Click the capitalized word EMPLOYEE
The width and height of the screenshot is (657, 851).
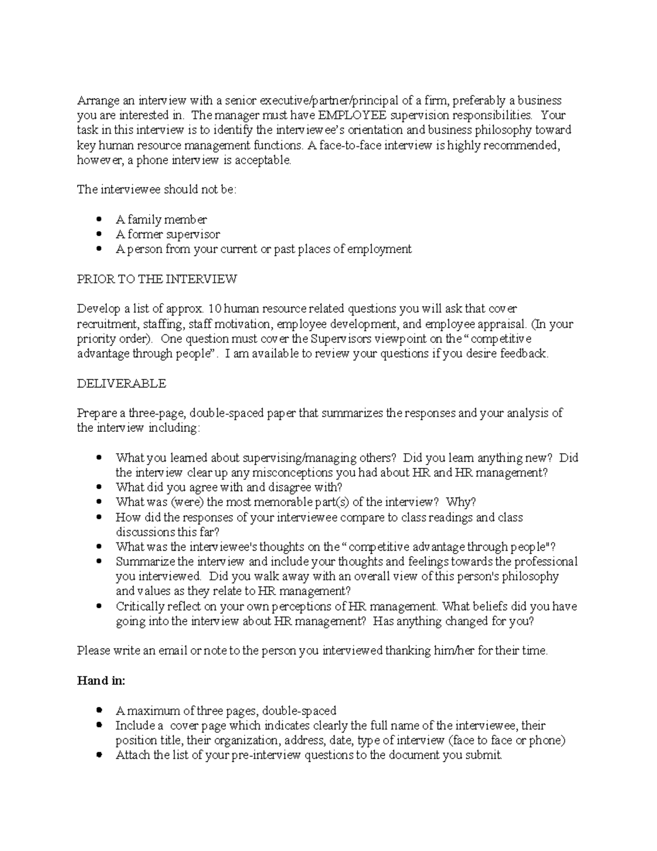[x=353, y=116]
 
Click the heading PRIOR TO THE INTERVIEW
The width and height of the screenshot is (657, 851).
[x=157, y=279]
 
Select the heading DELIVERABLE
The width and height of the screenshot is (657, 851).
[x=121, y=384]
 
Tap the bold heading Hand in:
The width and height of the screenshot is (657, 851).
[x=101, y=681]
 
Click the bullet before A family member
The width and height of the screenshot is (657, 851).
[x=99, y=220]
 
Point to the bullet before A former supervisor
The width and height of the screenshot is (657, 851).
[x=99, y=235]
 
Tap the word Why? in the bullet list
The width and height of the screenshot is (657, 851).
[x=461, y=502]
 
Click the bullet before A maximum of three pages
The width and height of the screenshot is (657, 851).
[x=99, y=711]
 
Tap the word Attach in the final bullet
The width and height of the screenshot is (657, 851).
[x=132, y=755]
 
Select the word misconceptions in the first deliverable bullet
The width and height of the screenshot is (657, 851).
[x=287, y=472]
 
